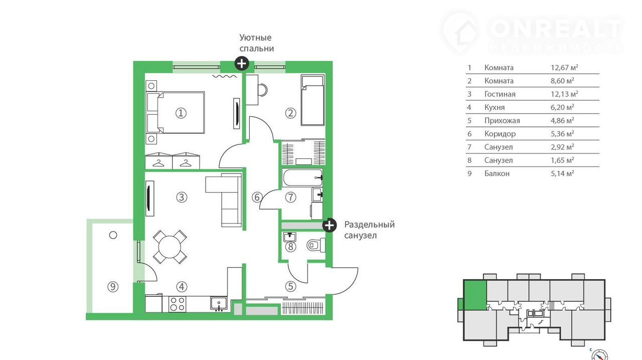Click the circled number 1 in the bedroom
pyautogui.click(x=181, y=113)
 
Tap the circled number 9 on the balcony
pyautogui.click(x=113, y=287)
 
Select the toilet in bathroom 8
pyautogui.click(x=316, y=245)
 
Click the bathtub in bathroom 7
pyautogui.click(x=302, y=177)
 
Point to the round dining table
pyautogui.click(x=170, y=247)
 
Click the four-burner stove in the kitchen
pyautogui.click(x=177, y=304)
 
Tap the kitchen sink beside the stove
pyautogui.click(x=219, y=304)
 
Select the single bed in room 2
pyautogui.click(x=312, y=100)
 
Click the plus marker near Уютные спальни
pyautogui.click(x=242, y=64)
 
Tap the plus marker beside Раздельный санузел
pyautogui.click(x=330, y=225)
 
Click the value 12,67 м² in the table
pyautogui.click(x=564, y=68)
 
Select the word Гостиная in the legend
pyautogui.click(x=500, y=94)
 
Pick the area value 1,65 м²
pyautogui.click(x=562, y=160)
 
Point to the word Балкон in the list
pyautogui.click(x=497, y=173)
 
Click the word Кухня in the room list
pyautogui.click(x=495, y=107)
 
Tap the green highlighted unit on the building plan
pyautogui.click(x=475, y=295)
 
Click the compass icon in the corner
pyautogui.click(x=599, y=355)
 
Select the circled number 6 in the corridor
pyautogui.click(x=257, y=197)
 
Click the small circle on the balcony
pyautogui.click(x=113, y=235)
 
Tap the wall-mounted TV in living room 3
pyautogui.click(x=149, y=198)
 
